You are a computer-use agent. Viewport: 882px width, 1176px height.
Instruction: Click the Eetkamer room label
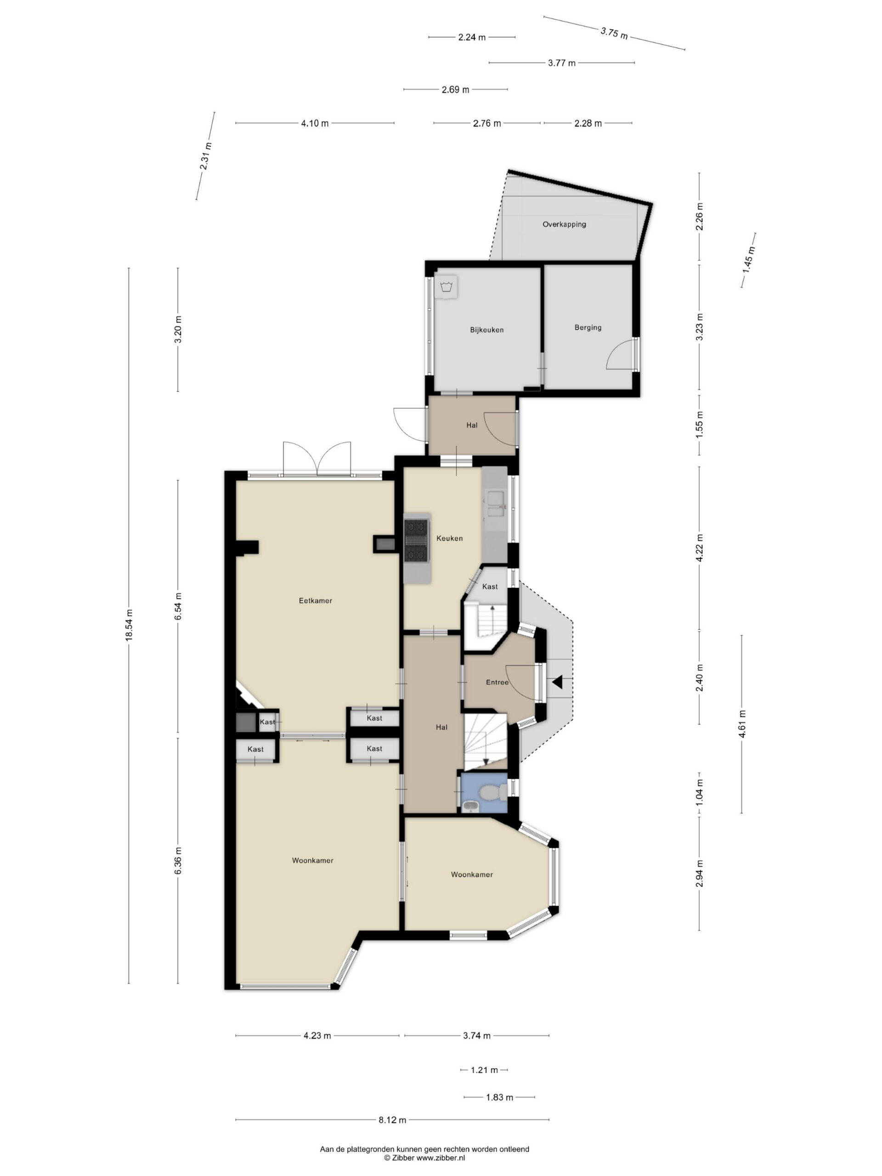(x=315, y=601)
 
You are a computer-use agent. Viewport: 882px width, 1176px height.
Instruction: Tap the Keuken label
(x=449, y=538)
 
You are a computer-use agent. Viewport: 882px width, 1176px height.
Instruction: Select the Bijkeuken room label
(x=486, y=330)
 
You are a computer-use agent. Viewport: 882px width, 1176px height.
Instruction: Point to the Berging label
(x=588, y=328)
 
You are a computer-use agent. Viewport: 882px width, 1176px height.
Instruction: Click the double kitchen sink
(x=495, y=504)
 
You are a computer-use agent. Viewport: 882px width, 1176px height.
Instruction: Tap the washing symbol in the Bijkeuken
(x=446, y=287)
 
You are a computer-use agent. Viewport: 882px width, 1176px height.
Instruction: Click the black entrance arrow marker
(x=557, y=682)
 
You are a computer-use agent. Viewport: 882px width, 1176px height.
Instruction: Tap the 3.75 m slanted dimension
(x=614, y=33)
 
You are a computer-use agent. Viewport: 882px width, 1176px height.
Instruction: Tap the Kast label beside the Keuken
(x=490, y=587)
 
